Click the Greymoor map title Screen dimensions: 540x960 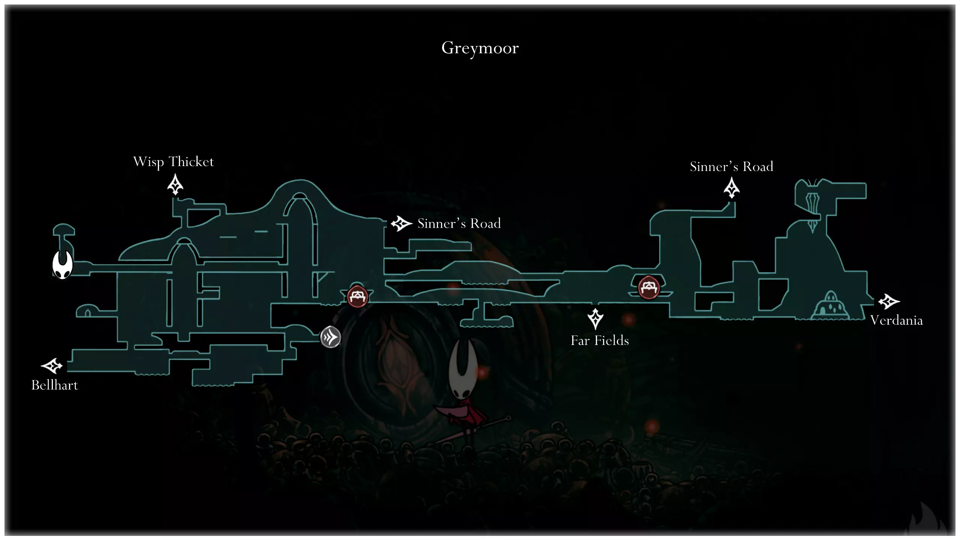[480, 48]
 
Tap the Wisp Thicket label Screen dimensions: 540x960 [173, 162]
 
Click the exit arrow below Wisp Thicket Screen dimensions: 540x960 [175, 185]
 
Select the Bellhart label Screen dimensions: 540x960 [55, 385]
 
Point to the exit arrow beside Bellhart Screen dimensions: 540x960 [52, 366]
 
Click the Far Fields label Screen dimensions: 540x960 [600, 340]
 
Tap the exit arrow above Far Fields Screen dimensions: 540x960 [595, 319]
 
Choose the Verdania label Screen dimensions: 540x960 [896, 320]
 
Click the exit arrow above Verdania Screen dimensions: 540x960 [888, 301]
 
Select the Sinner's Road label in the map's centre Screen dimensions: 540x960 [459, 223]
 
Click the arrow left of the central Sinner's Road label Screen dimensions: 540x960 [401, 223]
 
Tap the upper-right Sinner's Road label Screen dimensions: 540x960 [731, 166]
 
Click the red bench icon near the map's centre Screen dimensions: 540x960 [357, 297]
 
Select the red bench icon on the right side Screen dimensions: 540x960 [649, 288]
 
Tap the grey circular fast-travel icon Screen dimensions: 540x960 [330, 337]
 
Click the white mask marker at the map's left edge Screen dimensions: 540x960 [62, 264]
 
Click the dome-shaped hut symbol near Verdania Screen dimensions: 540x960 [831, 306]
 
